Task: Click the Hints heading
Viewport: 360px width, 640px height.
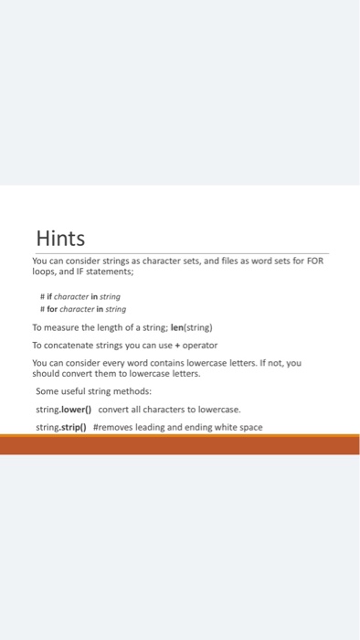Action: tap(60, 239)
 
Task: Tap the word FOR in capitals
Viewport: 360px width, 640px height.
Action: tap(315, 261)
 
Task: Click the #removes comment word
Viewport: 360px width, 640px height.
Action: tap(113, 427)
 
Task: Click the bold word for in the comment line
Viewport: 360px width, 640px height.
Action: tap(51, 309)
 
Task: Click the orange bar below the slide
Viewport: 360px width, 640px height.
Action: tap(180, 445)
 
